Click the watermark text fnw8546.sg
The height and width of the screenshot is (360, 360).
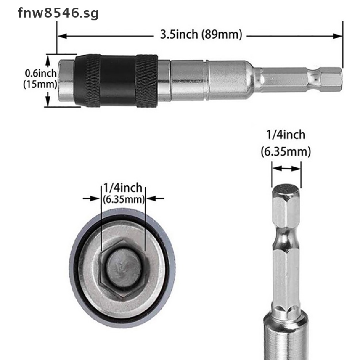pos(58,13)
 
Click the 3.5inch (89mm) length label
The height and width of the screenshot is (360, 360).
pos(201,35)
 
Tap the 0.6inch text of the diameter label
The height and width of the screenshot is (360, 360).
pos(41,73)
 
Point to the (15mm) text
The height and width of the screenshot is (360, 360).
pos(40,84)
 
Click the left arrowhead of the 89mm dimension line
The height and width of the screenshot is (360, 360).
pos(62,36)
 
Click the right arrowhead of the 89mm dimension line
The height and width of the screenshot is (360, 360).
pos(338,36)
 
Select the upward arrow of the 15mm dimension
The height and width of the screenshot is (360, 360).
pos(48,62)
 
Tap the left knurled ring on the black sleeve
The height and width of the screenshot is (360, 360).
pos(93,81)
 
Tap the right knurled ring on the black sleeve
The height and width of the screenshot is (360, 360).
pos(147,81)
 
